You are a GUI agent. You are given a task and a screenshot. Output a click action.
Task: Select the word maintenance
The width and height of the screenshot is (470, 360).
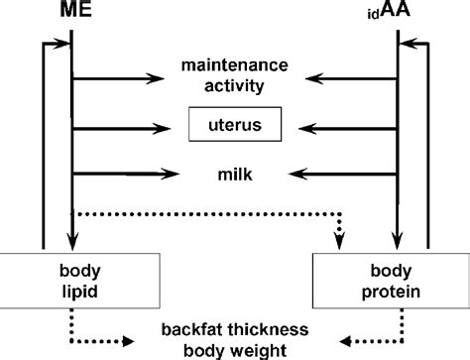tap(234, 66)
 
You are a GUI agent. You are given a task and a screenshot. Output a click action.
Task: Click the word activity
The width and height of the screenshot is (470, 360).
tap(234, 85)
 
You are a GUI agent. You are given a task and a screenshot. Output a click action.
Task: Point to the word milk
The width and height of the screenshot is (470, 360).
tap(235, 174)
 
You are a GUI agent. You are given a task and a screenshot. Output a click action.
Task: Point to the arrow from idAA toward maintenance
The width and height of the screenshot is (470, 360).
tap(351, 77)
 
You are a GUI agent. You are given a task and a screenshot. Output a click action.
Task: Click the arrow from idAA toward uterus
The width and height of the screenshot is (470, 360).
tap(351, 126)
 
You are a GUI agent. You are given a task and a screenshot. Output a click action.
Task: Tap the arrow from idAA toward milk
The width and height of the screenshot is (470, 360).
tap(351, 175)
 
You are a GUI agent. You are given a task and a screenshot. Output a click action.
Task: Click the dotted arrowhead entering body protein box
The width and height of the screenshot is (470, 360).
tap(341, 239)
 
